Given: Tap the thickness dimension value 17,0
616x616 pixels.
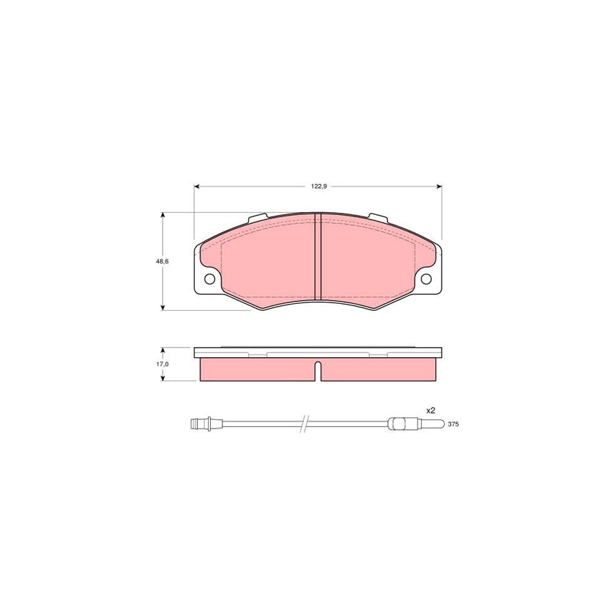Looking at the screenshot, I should coord(162,364).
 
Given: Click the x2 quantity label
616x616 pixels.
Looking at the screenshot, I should coord(431,410).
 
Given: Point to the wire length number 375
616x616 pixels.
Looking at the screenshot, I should coord(452,424).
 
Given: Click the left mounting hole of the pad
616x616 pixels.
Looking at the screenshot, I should coord(209,279).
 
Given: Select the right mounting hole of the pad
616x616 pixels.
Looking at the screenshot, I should coord(426,279).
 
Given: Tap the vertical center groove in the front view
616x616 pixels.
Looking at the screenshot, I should coord(318,257).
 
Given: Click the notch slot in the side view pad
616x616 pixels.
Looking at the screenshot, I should coord(318,372).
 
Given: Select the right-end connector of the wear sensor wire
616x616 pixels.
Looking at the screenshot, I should coord(400,424).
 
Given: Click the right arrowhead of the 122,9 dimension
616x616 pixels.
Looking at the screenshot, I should coord(438,186).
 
